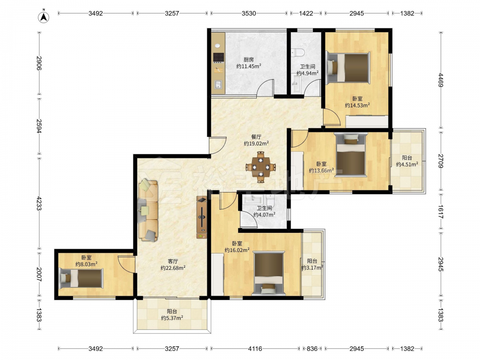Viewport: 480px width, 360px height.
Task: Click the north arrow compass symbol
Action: point(44,17)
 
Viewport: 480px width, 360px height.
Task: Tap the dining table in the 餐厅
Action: point(261,168)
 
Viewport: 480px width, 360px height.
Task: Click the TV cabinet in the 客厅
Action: point(202,217)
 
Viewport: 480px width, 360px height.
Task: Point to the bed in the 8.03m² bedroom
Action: point(82,278)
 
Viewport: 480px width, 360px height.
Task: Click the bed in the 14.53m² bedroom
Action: point(348,68)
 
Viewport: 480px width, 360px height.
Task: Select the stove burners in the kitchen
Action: point(218,57)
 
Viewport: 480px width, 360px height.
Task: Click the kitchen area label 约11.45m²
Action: point(249,66)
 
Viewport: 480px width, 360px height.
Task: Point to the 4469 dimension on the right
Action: point(441,80)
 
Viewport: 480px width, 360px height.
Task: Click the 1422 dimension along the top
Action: point(306,13)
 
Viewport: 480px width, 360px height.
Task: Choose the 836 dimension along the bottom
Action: point(312,348)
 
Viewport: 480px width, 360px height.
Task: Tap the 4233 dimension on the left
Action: point(39,203)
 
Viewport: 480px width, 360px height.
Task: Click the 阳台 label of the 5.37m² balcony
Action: point(172,312)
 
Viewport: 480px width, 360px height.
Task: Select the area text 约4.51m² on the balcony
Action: point(407,164)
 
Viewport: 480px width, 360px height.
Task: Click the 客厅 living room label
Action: point(173,262)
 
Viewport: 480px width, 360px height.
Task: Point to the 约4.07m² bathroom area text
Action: point(264,215)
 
